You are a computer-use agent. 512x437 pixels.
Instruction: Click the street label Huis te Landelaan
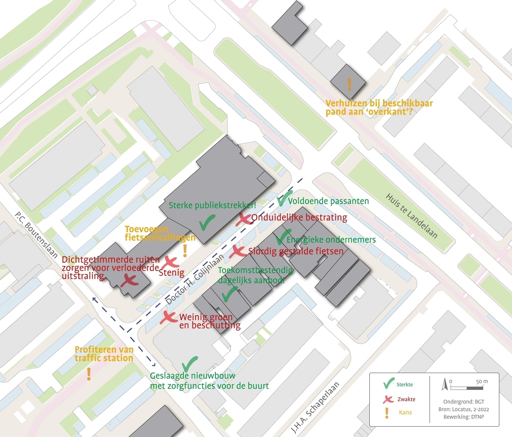[411, 216]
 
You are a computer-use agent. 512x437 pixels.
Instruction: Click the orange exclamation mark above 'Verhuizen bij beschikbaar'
[349, 85]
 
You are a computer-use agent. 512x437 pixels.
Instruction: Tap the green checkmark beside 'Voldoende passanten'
[284, 198]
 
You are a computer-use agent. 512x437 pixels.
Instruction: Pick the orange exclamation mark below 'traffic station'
[89, 374]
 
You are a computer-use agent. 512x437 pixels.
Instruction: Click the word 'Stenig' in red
[171, 272]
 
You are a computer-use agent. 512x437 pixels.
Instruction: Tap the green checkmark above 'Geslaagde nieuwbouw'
[190, 364]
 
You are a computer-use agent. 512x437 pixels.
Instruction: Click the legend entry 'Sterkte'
[405, 385]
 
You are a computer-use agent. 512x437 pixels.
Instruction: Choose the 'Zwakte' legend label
[406, 399]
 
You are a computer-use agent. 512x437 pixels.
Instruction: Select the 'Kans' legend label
[405, 413]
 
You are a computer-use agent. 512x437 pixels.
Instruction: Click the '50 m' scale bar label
[482, 381]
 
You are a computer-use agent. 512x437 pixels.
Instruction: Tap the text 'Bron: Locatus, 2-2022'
[464, 409]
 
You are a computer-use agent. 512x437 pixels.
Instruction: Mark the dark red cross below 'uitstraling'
[129, 281]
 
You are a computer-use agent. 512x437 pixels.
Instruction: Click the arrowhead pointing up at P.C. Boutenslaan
[94, 299]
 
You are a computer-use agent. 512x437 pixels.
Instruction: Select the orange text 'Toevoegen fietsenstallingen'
[160, 233]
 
